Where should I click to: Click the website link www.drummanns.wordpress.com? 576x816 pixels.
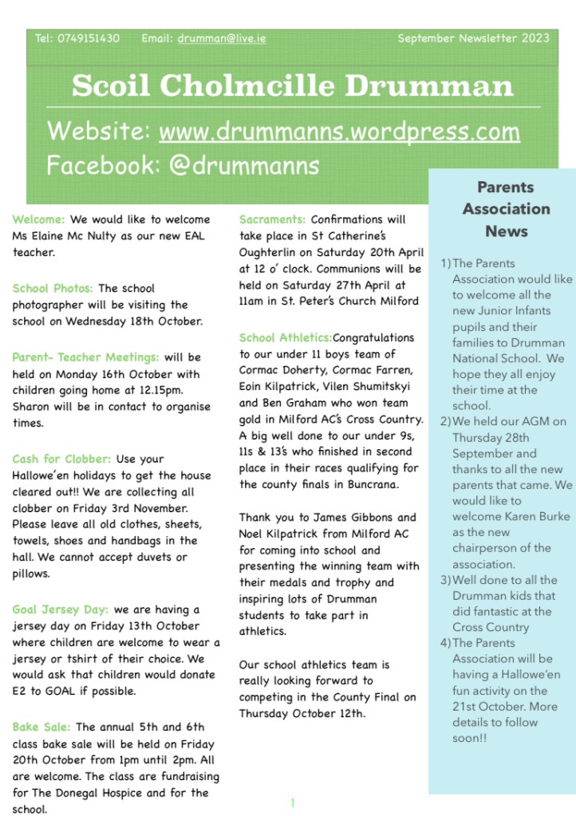[340, 131]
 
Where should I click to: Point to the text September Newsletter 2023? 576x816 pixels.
[473, 38]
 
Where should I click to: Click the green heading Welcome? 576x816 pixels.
[39, 219]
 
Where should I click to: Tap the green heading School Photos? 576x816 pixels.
[53, 288]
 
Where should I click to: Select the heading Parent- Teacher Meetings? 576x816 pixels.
[85, 357]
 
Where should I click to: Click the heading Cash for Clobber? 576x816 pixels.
[62, 459]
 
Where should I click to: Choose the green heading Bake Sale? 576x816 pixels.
[41, 727]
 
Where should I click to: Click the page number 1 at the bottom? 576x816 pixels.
[293, 802]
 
